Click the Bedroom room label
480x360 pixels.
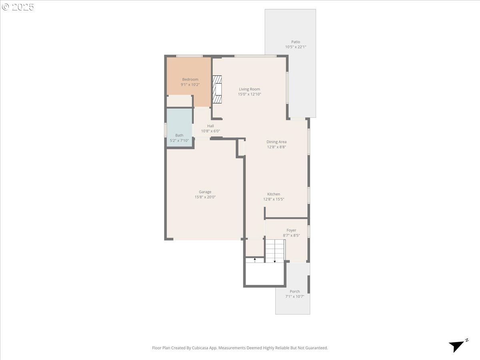pyautogui.click(x=190, y=79)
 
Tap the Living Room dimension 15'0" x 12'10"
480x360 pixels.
pyautogui.click(x=249, y=94)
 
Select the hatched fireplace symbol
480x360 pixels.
pyautogui.click(x=217, y=89)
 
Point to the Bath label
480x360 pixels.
pyautogui.click(x=179, y=135)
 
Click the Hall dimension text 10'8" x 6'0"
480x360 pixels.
pyautogui.click(x=210, y=131)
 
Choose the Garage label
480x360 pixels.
pyautogui.click(x=205, y=192)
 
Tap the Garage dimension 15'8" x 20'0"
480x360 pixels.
pyautogui.click(x=205, y=197)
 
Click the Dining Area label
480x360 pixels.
pyautogui.click(x=276, y=142)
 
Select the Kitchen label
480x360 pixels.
pyautogui.click(x=274, y=194)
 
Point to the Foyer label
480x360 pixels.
pyautogui.click(x=291, y=230)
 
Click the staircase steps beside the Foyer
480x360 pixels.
pyautogui.click(x=275, y=250)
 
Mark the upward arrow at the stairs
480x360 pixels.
pyautogui.click(x=255, y=260)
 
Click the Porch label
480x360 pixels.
pyautogui.click(x=294, y=291)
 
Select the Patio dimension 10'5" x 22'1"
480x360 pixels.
pyautogui.click(x=296, y=47)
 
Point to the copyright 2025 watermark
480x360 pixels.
pyautogui.click(x=18, y=7)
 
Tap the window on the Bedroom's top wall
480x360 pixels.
pyautogui.click(x=189, y=56)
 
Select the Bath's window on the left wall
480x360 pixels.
pyautogui.click(x=166, y=130)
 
